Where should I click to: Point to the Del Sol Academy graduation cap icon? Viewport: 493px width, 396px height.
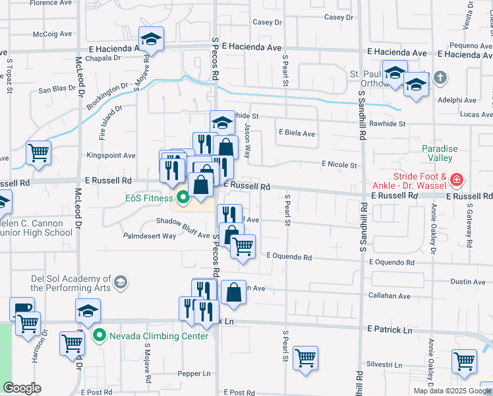(x=120, y=283)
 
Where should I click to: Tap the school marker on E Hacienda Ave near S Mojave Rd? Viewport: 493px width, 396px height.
(x=151, y=39)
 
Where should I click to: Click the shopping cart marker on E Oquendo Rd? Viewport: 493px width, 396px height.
(x=243, y=246)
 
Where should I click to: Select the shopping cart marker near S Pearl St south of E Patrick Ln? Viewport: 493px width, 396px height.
(x=305, y=358)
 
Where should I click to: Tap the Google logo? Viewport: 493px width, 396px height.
(x=22, y=388)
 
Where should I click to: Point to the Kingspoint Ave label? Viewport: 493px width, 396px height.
(x=111, y=156)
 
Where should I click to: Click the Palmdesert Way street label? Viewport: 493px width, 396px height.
(x=150, y=235)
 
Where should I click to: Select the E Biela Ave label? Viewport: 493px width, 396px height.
(x=297, y=133)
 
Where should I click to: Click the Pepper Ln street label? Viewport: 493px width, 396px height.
(x=194, y=374)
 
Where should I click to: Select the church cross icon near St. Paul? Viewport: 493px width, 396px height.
(x=441, y=78)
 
